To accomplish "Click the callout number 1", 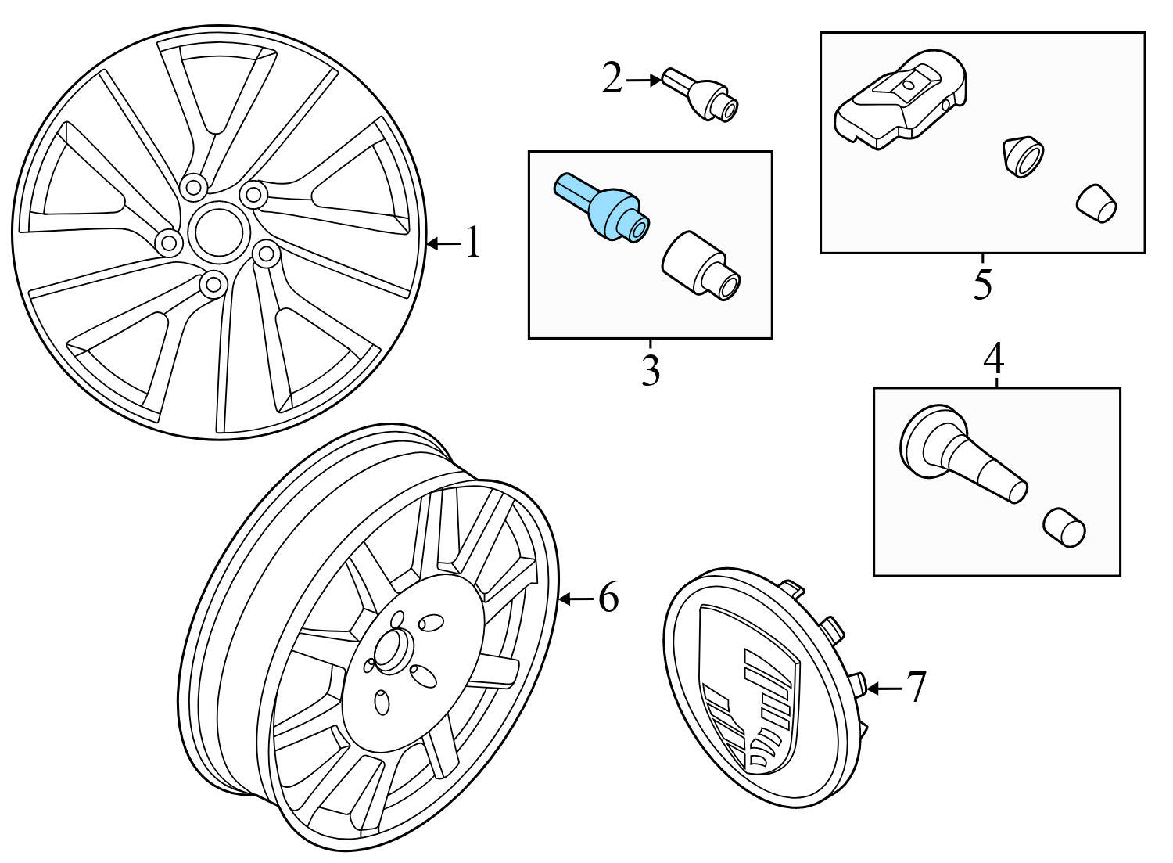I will [x=472, y=243].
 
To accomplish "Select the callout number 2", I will [x=612, y=78].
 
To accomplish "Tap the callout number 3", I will [x=650, y=370].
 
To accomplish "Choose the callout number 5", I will [x=982, y=284].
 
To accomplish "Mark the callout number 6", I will [x=608, y=599].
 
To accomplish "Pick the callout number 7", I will [x=916, y=687].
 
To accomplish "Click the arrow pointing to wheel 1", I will [x=443, y=244].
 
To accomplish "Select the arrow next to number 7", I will [x=884, y=688].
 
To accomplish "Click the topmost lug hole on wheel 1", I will [x=192, y=186].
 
